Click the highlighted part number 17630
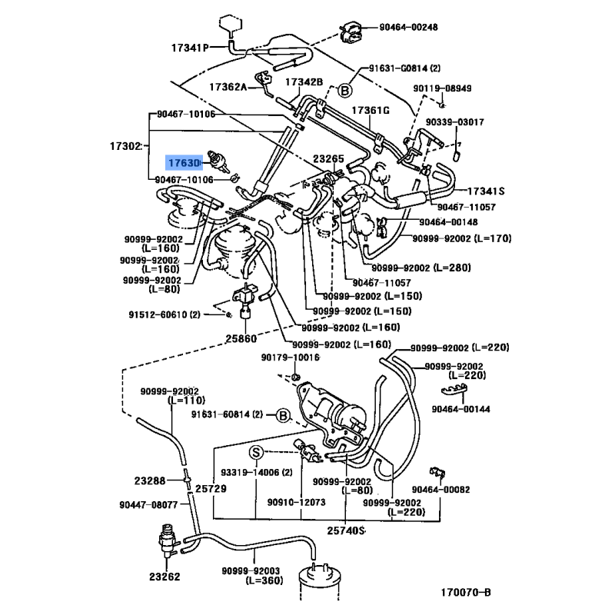(184, 163)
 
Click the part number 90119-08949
(442, 88)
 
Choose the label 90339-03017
(454, 122)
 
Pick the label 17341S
(484, 191)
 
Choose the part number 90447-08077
(148, 505)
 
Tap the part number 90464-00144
(460, 410)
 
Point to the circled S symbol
(256, 450)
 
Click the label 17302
(125, 145)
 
